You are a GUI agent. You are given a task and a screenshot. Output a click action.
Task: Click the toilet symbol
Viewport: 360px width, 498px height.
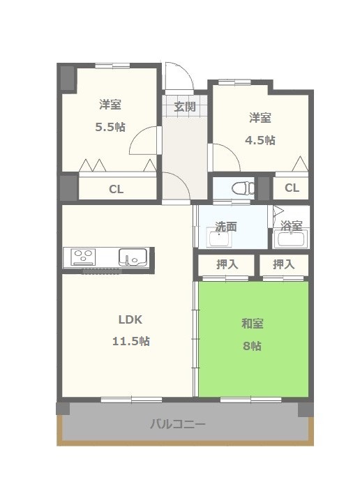pyautogui.click(x=243, y=188)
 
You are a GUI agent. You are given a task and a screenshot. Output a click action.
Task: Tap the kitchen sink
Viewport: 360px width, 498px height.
pyautogui.click(x=133, y=257)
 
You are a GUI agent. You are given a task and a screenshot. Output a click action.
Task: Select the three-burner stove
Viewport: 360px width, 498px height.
pyautogui.click(x=83, y=257)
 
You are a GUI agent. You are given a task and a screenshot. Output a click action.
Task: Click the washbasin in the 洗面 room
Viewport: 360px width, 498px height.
pyautogui.click(x=219, y=239)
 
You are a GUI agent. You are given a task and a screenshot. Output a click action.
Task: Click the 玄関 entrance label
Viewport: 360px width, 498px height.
pyautogui.click(x=185, y=107)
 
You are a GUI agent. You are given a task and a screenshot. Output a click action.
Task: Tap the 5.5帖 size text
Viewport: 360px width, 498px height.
pyautogui.click(x=110, y=127)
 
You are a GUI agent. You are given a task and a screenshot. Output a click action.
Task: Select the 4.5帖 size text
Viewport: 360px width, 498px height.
pyautogui.click(x=260, y=140)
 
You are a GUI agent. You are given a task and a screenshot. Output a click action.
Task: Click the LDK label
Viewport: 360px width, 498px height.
pyautogui.click(x=130, y=319)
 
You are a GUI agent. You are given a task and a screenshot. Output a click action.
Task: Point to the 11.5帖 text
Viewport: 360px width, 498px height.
pyautogui.click(x=131, y=341)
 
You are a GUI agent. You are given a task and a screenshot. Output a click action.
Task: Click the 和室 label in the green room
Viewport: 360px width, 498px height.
pyautogui.click(x=253, y=324)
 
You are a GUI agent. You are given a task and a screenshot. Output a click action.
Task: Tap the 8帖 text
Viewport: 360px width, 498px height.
pyautogui.click(x=253, y=345)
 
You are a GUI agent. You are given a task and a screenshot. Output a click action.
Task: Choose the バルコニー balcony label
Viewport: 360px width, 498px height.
pyautogui.click(x=178, y=424)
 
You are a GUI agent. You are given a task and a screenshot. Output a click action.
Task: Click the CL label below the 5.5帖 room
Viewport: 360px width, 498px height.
pyautogui.click(x=116, y=189)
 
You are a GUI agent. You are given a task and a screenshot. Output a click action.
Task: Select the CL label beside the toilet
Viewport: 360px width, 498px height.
pyautogui.click(x=292, y=188)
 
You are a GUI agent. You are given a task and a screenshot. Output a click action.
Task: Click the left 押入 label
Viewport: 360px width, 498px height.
pyautogui.click(x=227, y=264)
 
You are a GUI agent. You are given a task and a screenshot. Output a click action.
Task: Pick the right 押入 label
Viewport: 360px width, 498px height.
pyautogui.click(x=284, y=264)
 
